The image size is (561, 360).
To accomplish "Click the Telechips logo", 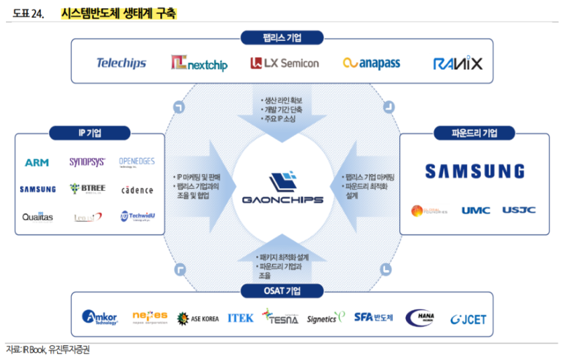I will (x=121, y=63).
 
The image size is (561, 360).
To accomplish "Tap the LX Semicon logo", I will (x=284, y=63).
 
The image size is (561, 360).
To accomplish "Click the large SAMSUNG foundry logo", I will (x=474, y=171).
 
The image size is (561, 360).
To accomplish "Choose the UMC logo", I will (x=475, y=210).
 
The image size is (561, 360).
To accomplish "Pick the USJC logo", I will (x=519, y=210).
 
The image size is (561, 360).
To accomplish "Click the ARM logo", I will (x=37, y=163).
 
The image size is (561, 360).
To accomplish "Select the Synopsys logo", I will (x=87, y=162).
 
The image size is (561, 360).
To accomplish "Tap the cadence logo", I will (x=137, y=190).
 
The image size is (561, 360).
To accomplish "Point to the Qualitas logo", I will (x=37, y=217).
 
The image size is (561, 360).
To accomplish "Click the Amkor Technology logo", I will (x=100, y=318).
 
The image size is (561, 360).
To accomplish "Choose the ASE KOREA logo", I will (x=198, y=318).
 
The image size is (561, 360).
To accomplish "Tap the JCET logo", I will (x=468, y=319).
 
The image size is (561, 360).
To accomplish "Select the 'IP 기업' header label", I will (x=89, y=133).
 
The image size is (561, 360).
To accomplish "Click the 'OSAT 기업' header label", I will (x=282, y=291).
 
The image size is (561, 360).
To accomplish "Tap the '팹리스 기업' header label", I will (x=282, y=38).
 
